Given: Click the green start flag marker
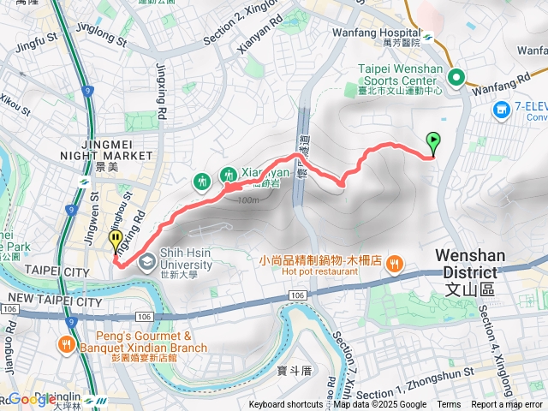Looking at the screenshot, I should coord(433,142).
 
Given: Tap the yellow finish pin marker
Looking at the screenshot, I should coord(116,241).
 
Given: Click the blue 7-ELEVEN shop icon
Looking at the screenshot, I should coord(502,110).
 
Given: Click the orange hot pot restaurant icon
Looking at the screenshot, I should coord(393,265).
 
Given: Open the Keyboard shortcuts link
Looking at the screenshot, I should coord(287,405).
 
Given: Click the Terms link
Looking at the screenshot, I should coord(449,405).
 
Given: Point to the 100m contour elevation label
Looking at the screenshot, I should coord(248,200).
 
